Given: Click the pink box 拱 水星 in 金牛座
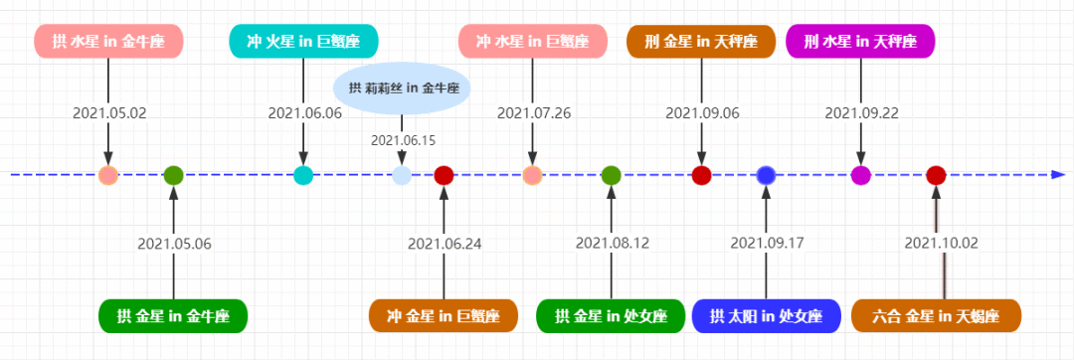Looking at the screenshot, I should (108, 42).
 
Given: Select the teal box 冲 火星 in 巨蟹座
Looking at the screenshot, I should (303, 41).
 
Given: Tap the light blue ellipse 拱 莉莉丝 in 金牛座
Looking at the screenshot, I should (402, 88).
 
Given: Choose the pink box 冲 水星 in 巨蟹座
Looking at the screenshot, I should (532, 42).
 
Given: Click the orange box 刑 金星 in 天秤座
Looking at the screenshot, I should (701, 42).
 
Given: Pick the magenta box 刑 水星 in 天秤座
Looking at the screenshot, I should (860, 42).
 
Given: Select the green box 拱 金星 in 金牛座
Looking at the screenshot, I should (173, 316).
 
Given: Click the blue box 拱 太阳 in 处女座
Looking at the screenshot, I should (766, 316).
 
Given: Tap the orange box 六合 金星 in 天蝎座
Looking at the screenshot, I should (937, 316).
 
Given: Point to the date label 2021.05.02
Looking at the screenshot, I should (108, 113).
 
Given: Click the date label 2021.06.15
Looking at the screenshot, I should (403, 140).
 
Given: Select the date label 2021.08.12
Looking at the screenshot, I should (612, 243).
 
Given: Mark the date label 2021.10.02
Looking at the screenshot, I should (941, 243).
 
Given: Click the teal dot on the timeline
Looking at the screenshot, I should (303, 176).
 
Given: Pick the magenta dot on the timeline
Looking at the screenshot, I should (860, 176).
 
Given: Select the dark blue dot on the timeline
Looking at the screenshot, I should (766, 176).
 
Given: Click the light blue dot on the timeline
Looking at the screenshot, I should (402, 176).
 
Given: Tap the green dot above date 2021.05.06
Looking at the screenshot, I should (174, 176).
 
